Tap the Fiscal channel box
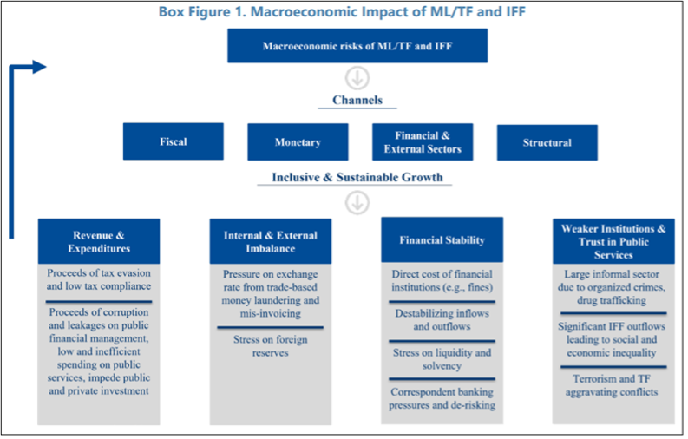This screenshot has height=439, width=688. click(x=173, y=141)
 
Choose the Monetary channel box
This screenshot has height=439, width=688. click(x=298, y=142)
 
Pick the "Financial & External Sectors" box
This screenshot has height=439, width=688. click(x=423, y=142)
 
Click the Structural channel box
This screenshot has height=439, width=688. click(x=547, y=142)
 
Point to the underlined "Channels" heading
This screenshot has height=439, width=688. click(x=357, y=101)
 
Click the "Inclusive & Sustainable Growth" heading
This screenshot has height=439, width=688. click(x=357, y=178)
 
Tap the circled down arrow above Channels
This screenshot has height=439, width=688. click(x=357, y=75)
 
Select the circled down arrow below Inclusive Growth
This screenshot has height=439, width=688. click(x=357, y=203)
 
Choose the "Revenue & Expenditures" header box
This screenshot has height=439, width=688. click(x=99, y=240)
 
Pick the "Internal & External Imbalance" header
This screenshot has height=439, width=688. click(x=271, y=241)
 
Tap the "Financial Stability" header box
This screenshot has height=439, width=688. click(x=442, y=240)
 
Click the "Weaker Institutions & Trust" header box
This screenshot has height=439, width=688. click(x=613, y=241)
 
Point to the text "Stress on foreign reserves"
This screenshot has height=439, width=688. click(x=271, y=346)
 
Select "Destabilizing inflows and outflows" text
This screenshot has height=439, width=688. click(x=442, y=320)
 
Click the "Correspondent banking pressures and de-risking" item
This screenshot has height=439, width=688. click(x=442, y=398)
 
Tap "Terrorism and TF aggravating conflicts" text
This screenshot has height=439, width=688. click(x=613, y=385)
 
